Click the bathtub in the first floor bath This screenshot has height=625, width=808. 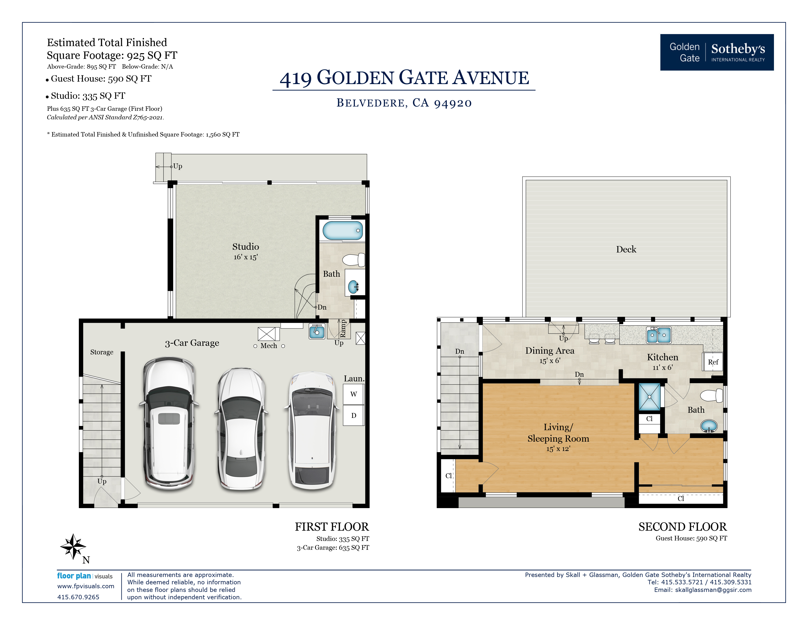pos(343,230)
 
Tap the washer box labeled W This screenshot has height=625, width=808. pos(353,394)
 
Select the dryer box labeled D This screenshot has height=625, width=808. pos(353,415)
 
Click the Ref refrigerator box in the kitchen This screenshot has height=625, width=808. pos(713,362)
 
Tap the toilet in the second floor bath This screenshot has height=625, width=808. pos(712,395)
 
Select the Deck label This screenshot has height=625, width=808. pos(626,249)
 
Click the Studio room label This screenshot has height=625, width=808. pos(245,247)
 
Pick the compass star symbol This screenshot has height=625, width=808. pos(73,546)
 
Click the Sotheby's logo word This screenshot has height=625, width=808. pos(738,49)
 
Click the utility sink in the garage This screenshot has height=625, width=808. pos(317,331)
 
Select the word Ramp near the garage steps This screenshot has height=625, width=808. pos(343,329)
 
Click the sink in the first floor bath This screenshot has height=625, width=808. pos(353,287)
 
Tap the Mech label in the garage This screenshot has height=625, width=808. pos(269,345)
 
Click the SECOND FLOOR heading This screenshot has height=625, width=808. pos(682,526)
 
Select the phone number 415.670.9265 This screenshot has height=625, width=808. pos(78,597)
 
